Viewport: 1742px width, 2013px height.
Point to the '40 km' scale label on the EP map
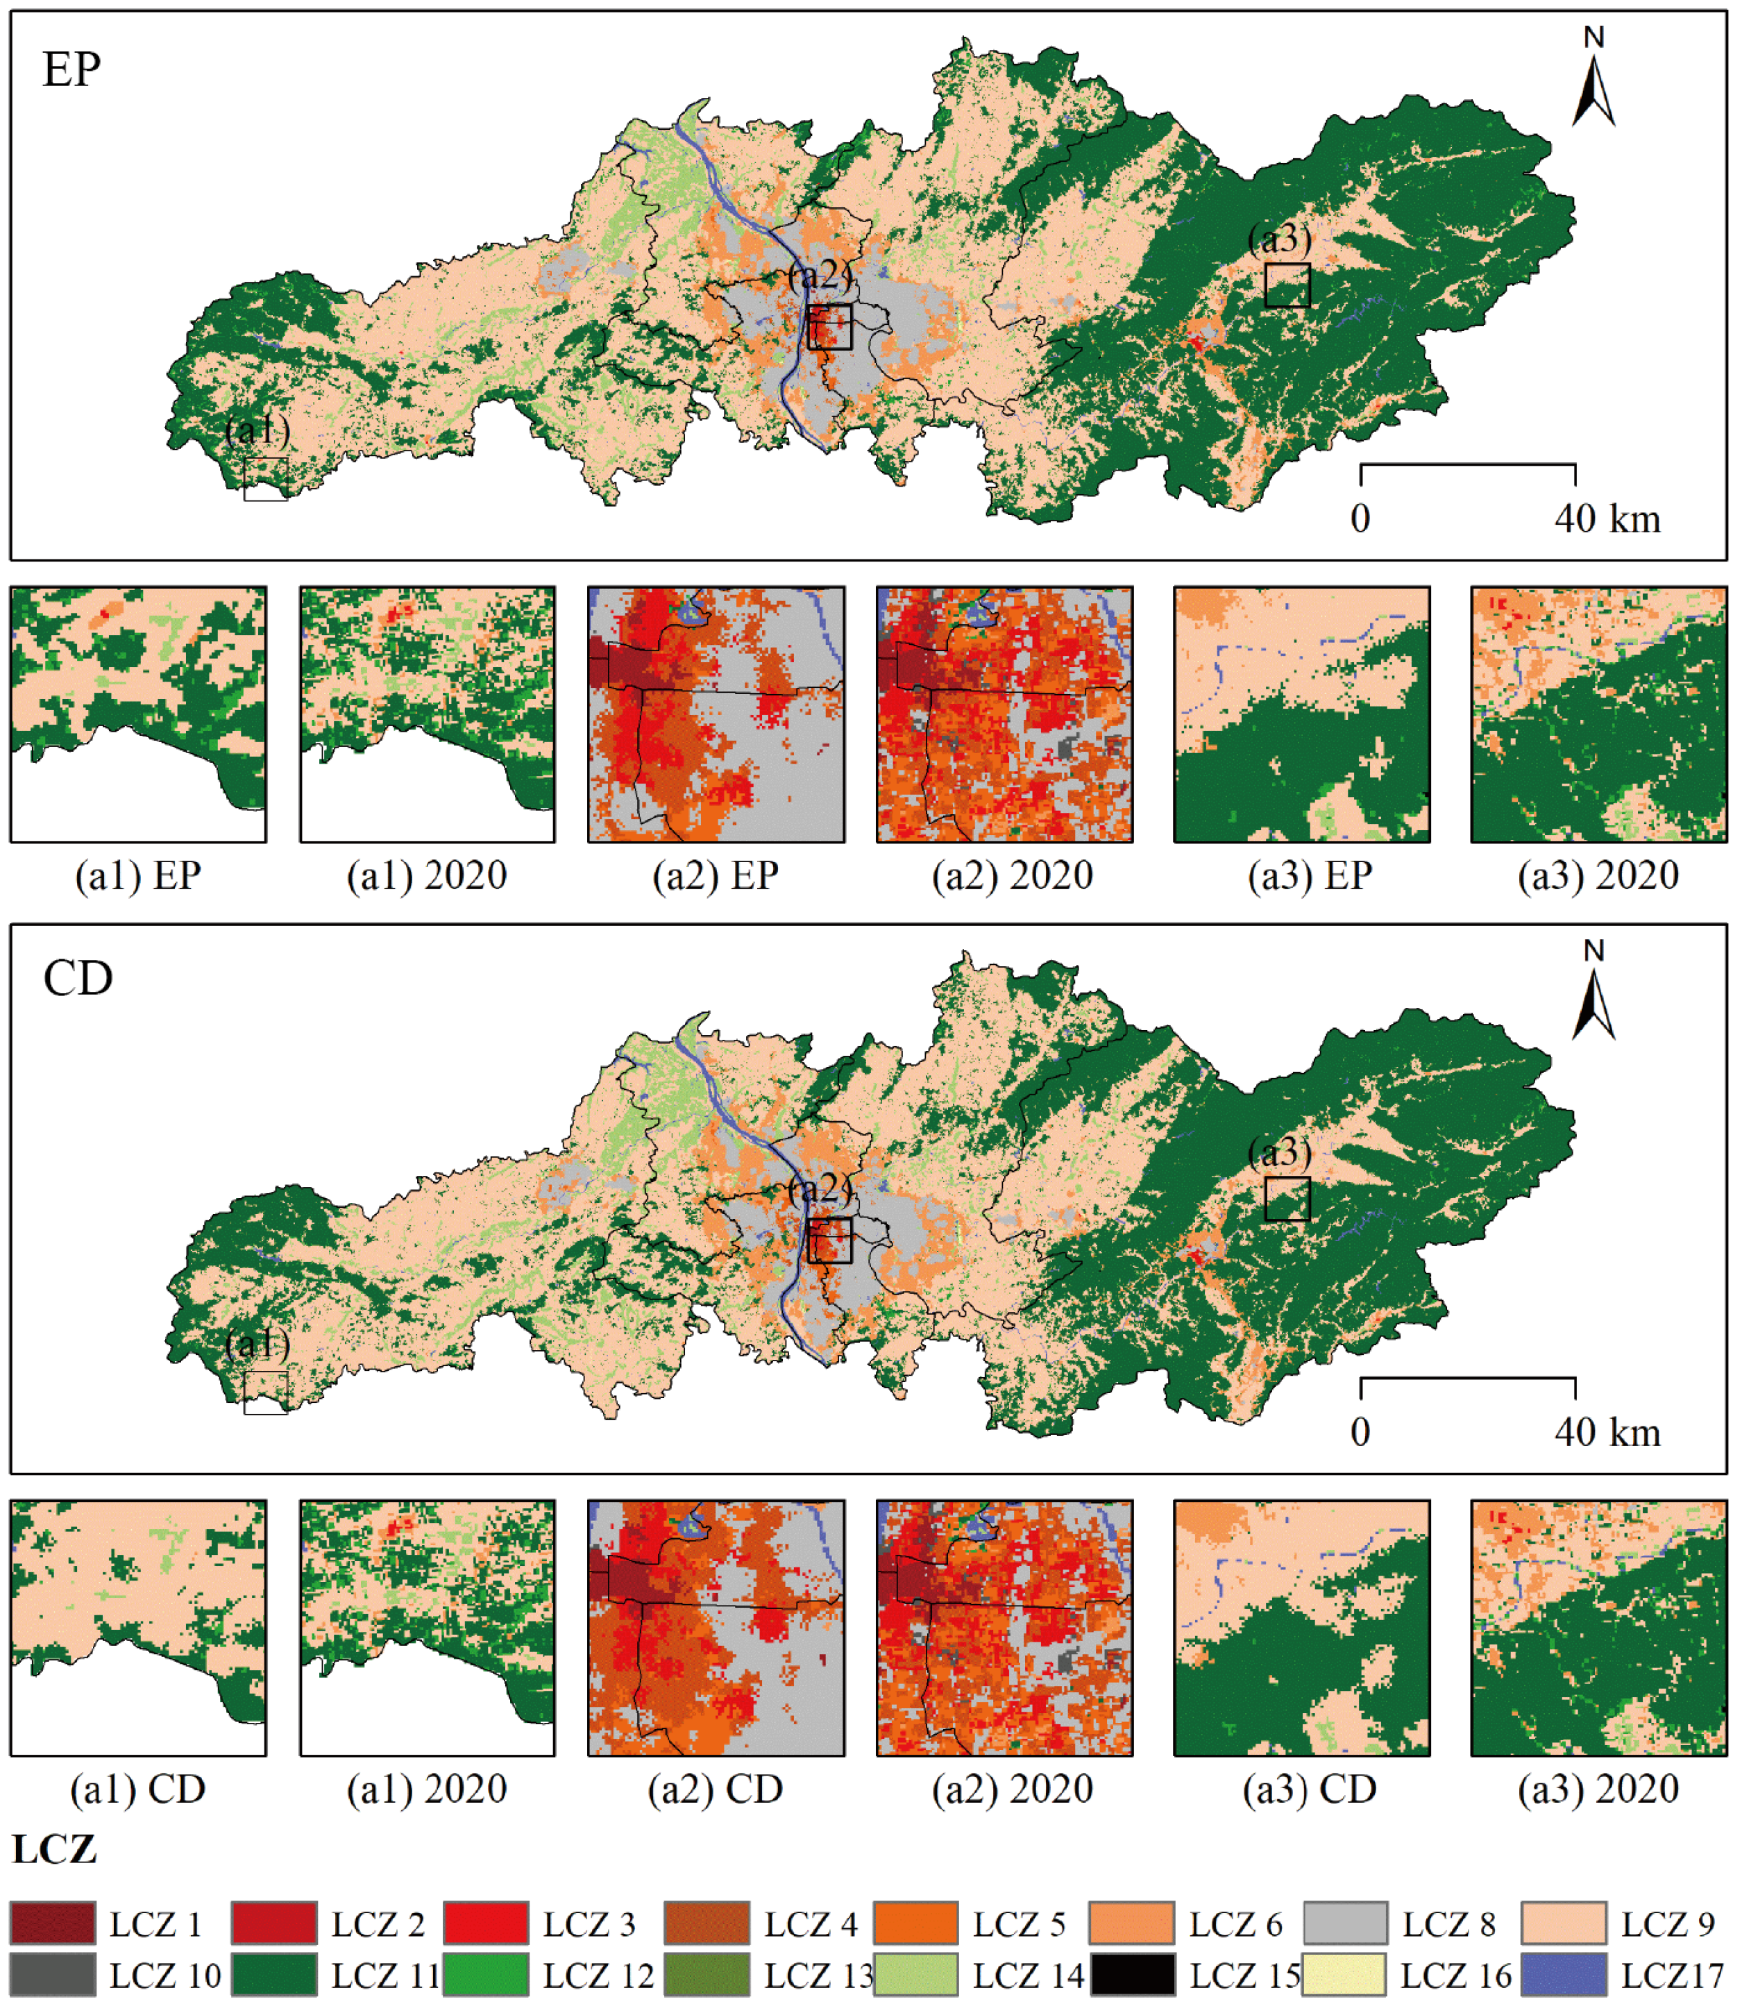tap(1608, 520)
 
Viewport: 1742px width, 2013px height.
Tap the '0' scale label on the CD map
tap(1360, 1433)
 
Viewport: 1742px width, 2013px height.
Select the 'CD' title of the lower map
tap(78, 979)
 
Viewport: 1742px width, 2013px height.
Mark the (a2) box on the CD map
tap(829, 1240)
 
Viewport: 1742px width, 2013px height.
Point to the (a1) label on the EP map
tap(257, 430)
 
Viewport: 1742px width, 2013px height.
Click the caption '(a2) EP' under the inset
tap(716, 877)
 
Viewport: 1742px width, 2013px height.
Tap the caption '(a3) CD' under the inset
tap(1310, 1789)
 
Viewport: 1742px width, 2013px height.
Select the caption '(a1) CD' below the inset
tap(138, 1789)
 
